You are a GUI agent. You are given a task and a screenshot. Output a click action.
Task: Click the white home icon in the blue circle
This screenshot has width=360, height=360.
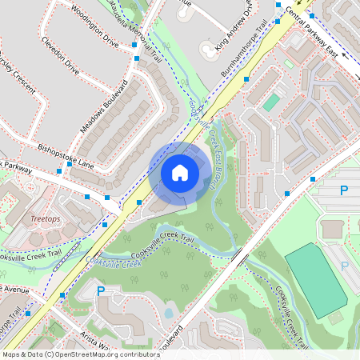point(180,172)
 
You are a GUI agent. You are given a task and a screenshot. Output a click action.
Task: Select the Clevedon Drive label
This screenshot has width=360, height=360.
point(61,57)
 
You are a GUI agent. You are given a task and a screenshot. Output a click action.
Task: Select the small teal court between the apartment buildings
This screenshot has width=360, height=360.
point(272,102)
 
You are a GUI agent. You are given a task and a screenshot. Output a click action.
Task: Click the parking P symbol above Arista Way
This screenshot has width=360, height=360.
point(101,291)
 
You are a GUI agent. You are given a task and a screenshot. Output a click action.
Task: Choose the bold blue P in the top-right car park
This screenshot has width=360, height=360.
point(344,190)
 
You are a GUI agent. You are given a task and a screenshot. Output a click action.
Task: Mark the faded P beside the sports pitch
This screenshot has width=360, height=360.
point(345,265)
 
